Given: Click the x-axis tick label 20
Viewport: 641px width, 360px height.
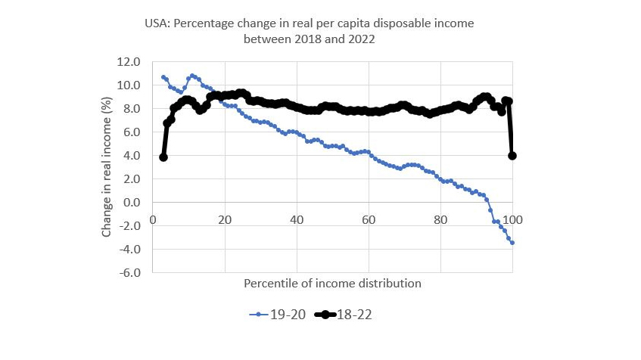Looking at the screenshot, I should coord(224,219).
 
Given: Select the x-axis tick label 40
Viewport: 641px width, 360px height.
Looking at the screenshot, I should coord(296,219).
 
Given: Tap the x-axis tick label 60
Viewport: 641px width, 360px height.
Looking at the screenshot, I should coord(368,219).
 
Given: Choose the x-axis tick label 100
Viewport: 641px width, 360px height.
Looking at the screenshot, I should coord(513,219).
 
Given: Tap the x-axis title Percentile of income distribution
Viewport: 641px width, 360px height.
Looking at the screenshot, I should coord(332,283).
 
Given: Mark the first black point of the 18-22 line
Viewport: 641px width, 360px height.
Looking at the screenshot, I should coord(163,157).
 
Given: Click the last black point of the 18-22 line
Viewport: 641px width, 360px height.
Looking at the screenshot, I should coord(512,156).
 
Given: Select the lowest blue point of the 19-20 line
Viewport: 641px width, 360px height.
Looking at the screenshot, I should coord(512,243).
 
